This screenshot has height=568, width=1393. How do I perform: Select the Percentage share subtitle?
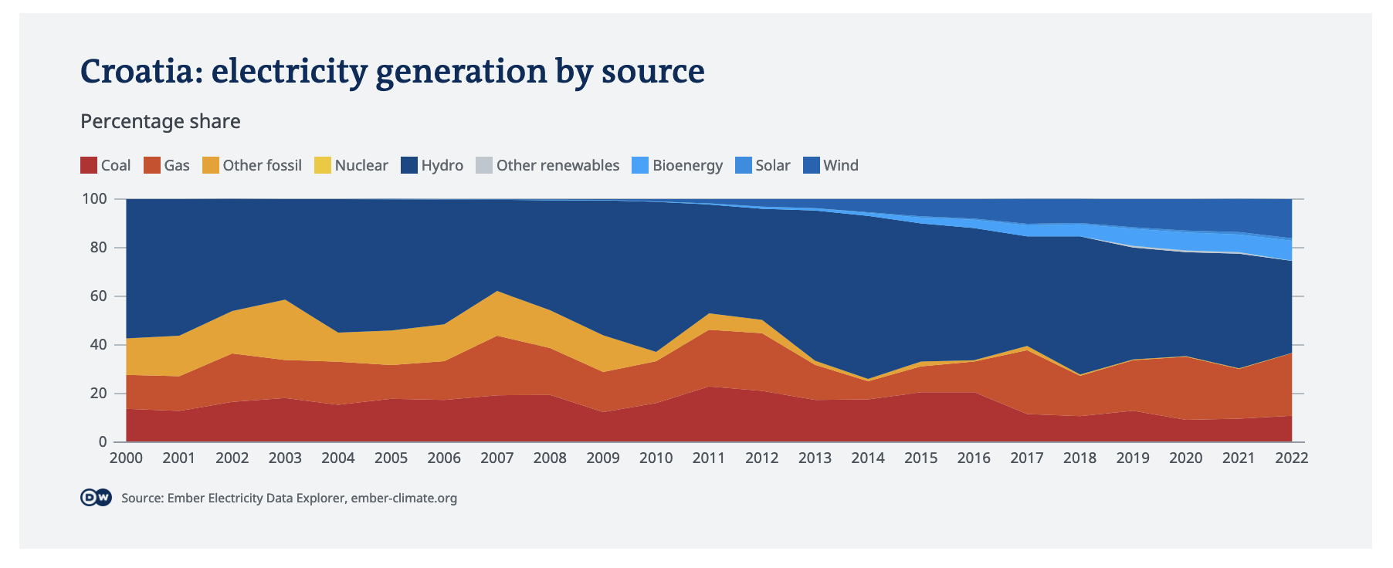tap(161, 121)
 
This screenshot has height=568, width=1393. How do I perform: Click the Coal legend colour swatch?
tap(89, 165)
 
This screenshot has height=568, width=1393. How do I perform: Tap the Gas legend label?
tap(177, 165)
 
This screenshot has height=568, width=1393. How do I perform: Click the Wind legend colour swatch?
tap(812, 165)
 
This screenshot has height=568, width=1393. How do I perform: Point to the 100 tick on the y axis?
tap(94, 199)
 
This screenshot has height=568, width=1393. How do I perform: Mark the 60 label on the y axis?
tap(98, 296)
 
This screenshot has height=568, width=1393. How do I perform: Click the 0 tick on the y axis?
tap(103, 442)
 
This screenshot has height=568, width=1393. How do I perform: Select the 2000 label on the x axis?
tap(126, 458)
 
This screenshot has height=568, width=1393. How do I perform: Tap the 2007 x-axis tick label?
tap(497, 458)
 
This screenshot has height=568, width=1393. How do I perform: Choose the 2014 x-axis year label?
tap(868, 458)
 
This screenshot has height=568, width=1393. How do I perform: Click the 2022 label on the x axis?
tap(1291, 458)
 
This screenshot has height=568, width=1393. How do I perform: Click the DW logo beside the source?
tap(96, 498)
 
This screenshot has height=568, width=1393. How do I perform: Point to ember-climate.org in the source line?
tap(404, 498)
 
